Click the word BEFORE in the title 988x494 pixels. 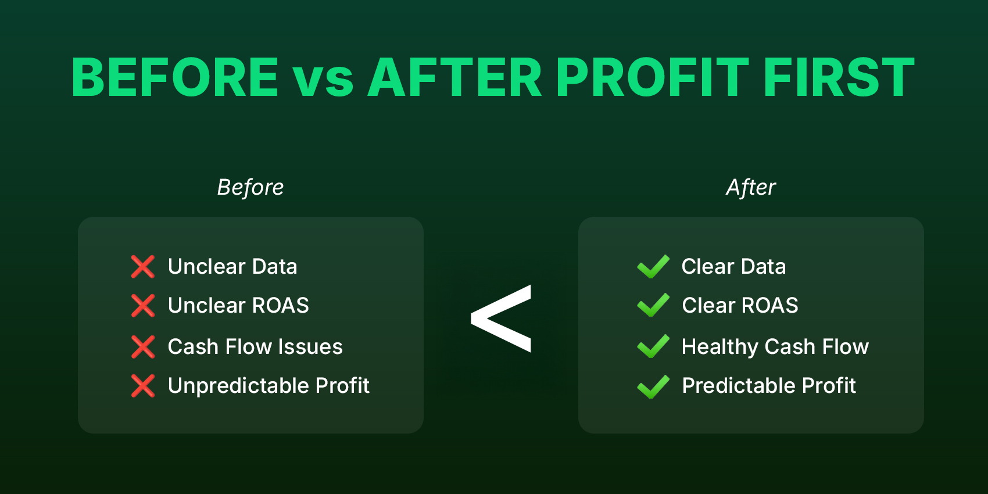[x=175, y=77]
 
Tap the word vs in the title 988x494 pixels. [x=323, y=80]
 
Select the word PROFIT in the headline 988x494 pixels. [x=652, y=77]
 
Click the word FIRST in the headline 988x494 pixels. [x=839, y=77]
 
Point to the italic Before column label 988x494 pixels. [x=250, y=187]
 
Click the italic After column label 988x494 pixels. [x=751, y=187]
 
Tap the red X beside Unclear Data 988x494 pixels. [x=143, y=267]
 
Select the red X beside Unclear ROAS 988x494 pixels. [x=143, y=306]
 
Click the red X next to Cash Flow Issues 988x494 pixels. [x=143, y=347]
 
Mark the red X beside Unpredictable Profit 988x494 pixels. [x=143, y=386]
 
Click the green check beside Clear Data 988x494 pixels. [x=653, y=267]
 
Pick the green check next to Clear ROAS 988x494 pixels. [x=653, y=306]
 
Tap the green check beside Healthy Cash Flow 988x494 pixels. [x=653, y=346]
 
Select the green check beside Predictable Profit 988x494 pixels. [x=653, y=386]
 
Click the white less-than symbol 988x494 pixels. [x=501, y=318]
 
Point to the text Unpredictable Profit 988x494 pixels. [x=269, y=386]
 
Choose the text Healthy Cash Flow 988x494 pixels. [x=775, y=347]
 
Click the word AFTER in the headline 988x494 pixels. [x=455, y=77]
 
